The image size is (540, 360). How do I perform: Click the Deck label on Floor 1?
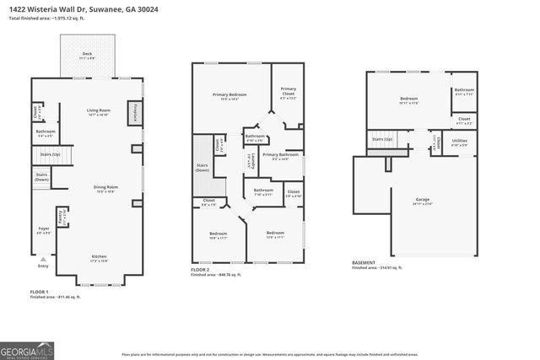click(87, 56)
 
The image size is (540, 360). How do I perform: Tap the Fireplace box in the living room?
click(132, 112)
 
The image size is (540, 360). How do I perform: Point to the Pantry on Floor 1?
click(60, 216)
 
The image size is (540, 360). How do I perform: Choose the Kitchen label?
click(99, 258)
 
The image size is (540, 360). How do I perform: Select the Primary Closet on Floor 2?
click(288, 93)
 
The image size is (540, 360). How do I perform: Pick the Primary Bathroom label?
click(280, 157)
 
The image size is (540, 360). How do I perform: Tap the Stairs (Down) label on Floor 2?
click(202, 168)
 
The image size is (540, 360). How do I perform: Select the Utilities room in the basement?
click(459, 143)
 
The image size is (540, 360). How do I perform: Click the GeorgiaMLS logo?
click(30, 347)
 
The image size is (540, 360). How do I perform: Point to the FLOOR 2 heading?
click(202, 271)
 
